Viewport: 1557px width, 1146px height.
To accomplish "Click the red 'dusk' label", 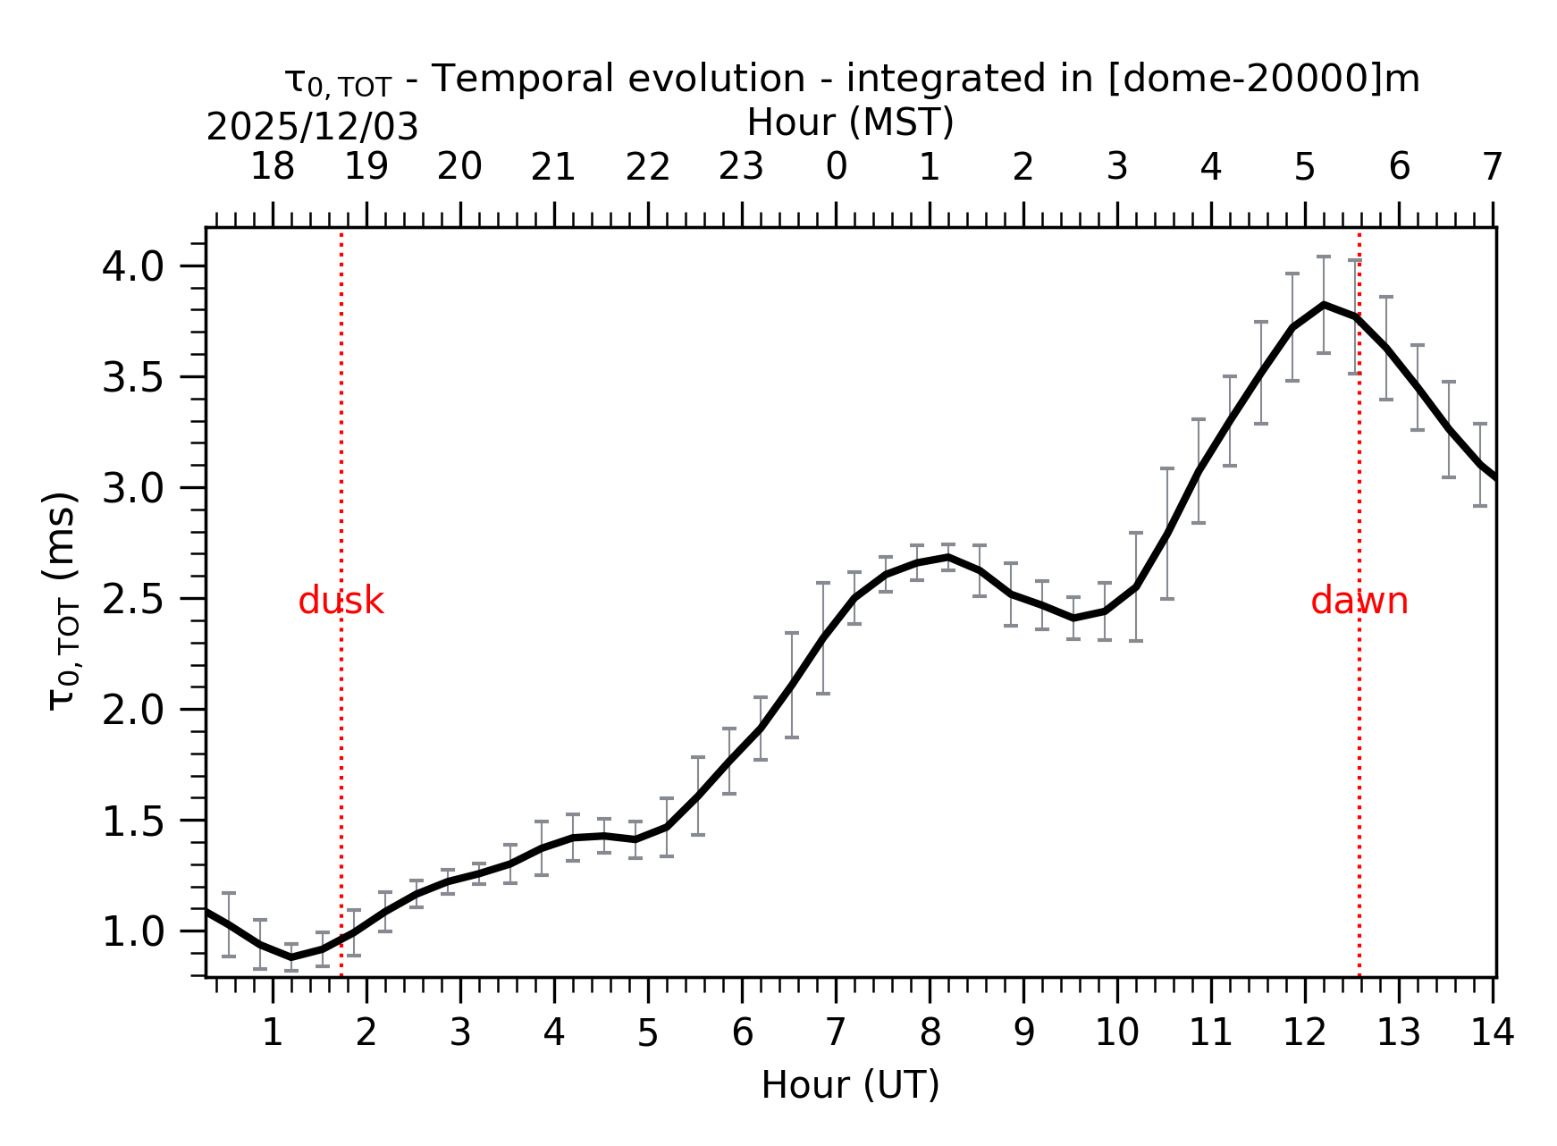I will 341,602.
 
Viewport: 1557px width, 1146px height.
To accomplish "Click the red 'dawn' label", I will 1359,602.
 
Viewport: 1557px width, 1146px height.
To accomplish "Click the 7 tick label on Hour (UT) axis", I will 836,1033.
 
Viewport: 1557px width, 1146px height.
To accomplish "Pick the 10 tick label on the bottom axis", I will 1116,1033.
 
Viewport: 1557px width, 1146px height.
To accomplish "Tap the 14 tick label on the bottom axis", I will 1492,1033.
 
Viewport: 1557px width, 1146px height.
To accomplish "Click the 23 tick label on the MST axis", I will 741,167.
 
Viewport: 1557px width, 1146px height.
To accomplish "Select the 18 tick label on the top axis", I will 272,167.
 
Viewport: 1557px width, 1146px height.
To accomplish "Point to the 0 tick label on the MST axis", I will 836,167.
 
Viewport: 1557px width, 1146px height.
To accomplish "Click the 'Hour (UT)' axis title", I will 850,1085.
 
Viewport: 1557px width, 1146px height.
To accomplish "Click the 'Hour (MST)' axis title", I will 850,122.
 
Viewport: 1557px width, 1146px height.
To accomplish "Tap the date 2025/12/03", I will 312,128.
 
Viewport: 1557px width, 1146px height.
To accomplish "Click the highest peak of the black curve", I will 1324,305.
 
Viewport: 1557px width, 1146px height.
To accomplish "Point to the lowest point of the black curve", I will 291,957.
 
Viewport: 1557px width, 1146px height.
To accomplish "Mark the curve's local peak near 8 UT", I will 947,557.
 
